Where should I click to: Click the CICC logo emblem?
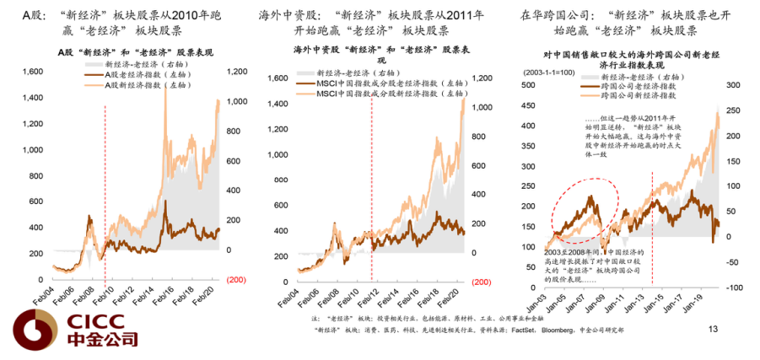(x=33, y=330)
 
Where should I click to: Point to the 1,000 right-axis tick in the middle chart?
(x=482, y=107)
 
